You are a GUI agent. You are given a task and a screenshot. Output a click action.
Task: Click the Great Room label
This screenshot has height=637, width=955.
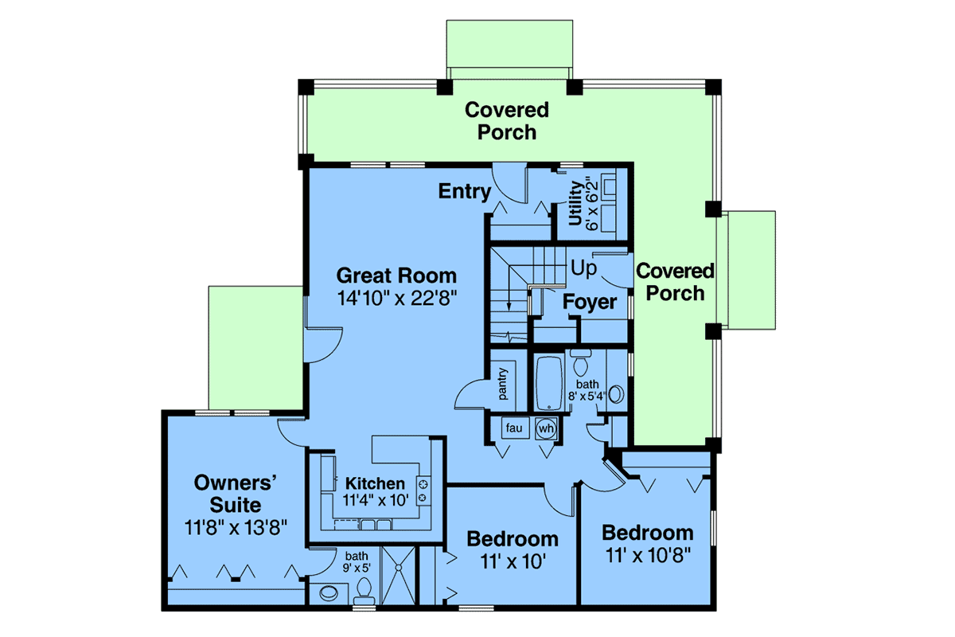pyautogui.click(x=396, y=276)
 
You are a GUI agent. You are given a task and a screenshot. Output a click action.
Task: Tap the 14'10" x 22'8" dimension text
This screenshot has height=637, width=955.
pyautogui.click(x=397, y=298)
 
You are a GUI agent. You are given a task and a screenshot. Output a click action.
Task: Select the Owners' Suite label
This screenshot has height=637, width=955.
pyautogui.click(x=235, y=494)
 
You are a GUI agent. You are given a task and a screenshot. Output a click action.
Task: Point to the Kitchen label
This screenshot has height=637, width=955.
pyautogui.click(x=375, y=483)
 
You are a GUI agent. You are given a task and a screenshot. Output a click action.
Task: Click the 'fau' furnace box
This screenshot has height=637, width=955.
pyautogui.click(x=515, y=428)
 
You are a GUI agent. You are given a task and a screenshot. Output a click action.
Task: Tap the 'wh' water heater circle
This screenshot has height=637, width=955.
pyautogui.click(x=546, y=428)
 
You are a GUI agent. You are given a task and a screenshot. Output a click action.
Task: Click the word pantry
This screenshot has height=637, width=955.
pyautogui.click(x=503, y=384)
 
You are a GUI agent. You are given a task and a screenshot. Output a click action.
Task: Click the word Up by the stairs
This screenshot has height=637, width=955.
pyautogui.click(x=583, y=269)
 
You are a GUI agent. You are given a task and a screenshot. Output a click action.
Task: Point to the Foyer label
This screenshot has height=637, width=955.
pyautogui.click(x=589, y=302)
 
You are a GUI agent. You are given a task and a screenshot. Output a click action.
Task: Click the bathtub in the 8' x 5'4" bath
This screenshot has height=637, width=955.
pyautogui.click(x=549, y=383)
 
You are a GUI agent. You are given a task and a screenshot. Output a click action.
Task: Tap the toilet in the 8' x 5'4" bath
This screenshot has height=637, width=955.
pyautogui.click(x=581, y=364)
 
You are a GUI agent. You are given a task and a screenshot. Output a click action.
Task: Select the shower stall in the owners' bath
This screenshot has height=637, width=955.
pyautogui.click(x=398, y=575)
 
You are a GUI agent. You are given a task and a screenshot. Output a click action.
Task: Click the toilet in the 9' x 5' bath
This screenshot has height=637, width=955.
pyautogui.click(x=364, y=591)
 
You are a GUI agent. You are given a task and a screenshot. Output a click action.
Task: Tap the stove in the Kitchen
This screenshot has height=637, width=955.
pyautogui.click(x=423, y=490)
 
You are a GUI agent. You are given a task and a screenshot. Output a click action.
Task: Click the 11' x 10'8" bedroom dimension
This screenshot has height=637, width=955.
pyautogui.click(x=648, y=556)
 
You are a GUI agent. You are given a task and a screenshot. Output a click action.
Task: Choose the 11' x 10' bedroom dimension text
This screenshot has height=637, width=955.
pyautogui.click(x=513, y=561)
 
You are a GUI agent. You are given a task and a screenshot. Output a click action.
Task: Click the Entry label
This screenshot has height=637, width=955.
pyautogui.click(x=465, y=191)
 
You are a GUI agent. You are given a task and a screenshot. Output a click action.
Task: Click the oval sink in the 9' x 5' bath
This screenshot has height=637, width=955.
pyautogui.click(x=328, y=593)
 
